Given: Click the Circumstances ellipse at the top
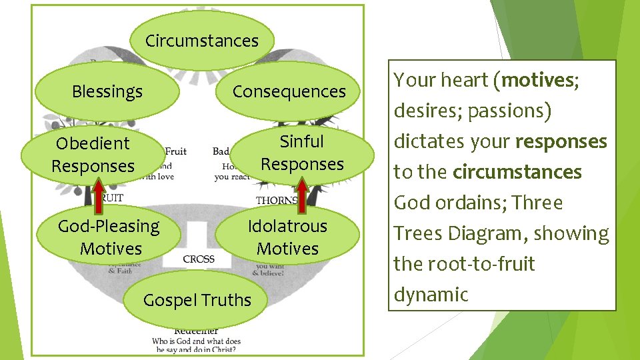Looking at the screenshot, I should [201, 41].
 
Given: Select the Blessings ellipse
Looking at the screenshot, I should [107, 92].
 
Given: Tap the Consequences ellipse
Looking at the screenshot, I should [289, 92].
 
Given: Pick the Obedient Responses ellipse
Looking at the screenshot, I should [93, 155].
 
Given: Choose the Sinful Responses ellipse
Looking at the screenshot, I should [302, 153].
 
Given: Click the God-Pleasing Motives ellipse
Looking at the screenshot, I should [109, 237].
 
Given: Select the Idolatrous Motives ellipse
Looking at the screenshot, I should [287, 237].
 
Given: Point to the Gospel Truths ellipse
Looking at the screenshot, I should [197, 301].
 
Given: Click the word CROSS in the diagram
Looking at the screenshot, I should [198, 259].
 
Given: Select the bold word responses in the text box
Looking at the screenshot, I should [561, 142].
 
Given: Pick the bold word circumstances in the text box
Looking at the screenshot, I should [517, 173].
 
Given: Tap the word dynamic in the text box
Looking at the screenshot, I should [431, 295].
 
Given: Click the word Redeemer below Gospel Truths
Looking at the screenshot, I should [196, 331].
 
